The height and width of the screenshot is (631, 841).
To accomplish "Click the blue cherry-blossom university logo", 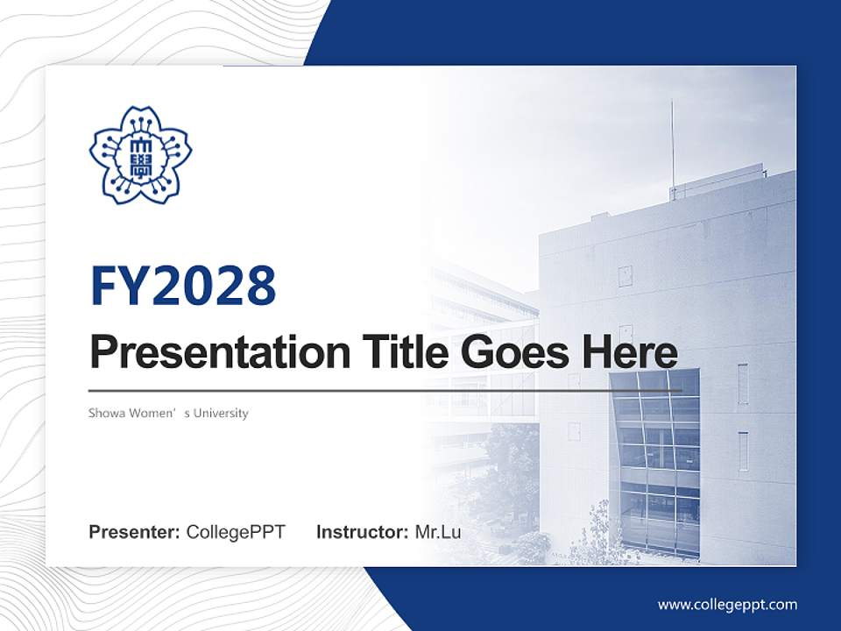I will click(x=140, y=154).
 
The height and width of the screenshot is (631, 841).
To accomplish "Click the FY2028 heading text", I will click(x=183, y=286).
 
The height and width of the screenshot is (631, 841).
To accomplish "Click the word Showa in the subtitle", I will click(x=105, y=413).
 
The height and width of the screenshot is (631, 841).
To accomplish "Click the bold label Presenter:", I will click(x=135, y=532).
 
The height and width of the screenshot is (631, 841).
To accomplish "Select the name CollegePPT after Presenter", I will click(x=236, y=532).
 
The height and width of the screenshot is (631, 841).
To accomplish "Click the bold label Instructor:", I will click(x=362, y=532).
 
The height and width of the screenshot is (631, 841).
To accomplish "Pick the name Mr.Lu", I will click(x=438, y=532).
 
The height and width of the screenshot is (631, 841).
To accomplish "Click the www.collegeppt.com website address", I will click(x=727, y=605).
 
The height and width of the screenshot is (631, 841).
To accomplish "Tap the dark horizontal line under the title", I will click(x=385, y=391).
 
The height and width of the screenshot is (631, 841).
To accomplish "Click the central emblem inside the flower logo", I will click(x=140, y=156).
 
